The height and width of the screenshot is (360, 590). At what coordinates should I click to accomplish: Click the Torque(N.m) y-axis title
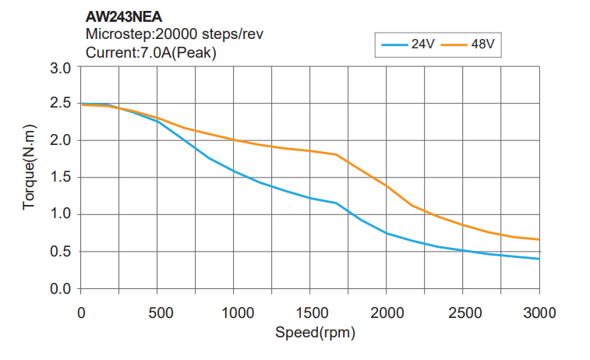29,177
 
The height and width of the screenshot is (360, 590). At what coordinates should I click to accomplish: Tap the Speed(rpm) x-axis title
310,333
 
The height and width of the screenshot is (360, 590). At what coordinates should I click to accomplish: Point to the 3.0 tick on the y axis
61,67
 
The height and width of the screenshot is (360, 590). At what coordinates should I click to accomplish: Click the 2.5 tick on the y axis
61,104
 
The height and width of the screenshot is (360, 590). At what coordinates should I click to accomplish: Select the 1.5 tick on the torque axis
61,178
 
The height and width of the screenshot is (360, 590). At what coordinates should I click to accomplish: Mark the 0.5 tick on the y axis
61,252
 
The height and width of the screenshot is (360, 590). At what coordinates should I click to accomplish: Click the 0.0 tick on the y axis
61,289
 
